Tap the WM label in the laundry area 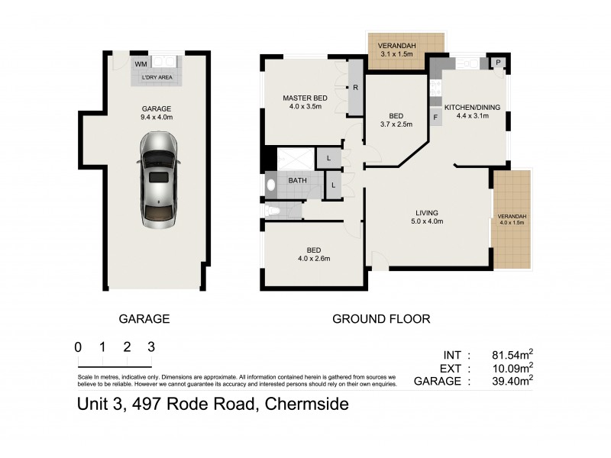141,64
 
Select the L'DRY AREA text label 157,78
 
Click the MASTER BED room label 305,98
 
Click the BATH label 298,181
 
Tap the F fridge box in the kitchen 435,118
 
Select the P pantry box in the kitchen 498,63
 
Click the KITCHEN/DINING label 472,108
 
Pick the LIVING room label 426,213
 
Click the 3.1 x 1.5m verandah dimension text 396,54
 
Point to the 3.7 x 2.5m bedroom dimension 396,125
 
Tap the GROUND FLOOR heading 381,318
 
